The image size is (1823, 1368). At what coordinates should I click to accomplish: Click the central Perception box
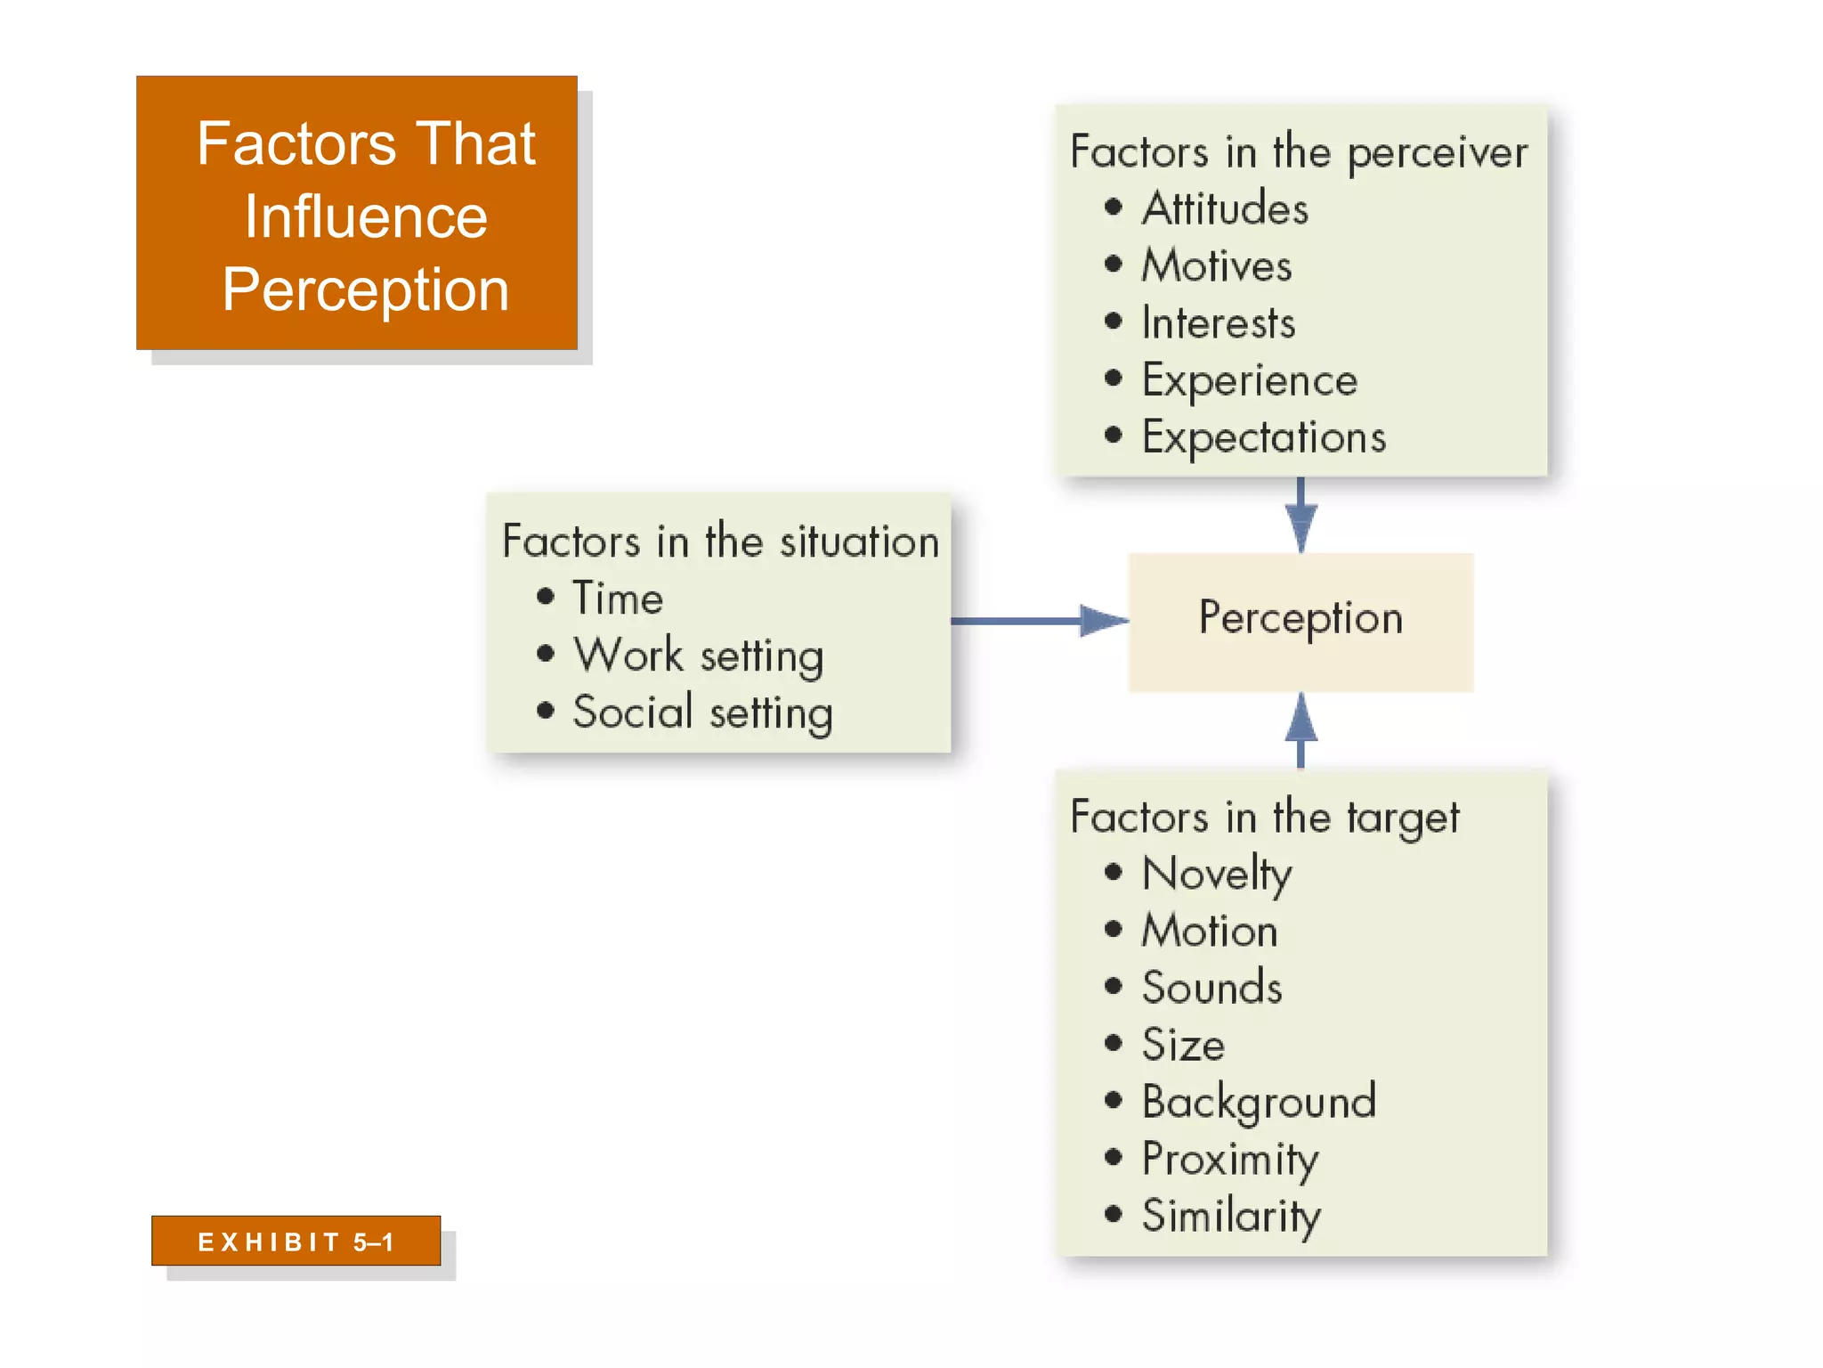[x=1300, y=621]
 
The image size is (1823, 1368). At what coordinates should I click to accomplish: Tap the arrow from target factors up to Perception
[x=1300, y=730]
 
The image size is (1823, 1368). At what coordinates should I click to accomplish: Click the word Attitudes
[x=1225, y=208]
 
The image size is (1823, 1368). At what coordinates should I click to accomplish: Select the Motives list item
[x=1217, y=265]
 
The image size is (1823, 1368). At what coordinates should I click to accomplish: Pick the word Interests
[x=1219, y=322]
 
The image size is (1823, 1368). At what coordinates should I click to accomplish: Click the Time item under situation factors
[x=618, y=598]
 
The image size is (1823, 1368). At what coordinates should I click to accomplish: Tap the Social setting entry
[x=702, y=712]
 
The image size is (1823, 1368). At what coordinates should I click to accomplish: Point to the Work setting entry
[x=698, y=655]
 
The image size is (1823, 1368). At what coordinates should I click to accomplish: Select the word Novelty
[x=1217, y=874]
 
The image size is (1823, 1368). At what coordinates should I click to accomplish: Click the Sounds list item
[x=1212, y=988]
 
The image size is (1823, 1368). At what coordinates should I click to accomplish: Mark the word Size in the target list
[x=1183, y=1045]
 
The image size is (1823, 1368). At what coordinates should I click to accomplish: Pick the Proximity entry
[x=1230, y=1160]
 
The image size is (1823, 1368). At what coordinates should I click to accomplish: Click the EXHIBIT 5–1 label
[x=296, y=1242]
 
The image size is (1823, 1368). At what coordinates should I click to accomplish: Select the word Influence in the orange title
[x=366, y=216]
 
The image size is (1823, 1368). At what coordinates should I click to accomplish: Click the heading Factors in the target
[x=1264, y=817]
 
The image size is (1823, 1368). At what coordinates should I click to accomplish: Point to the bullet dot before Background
[x=1113, y=1101]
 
